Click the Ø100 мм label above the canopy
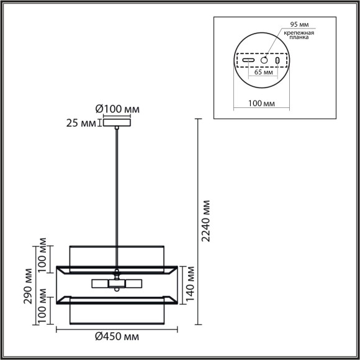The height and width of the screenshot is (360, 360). tap(117, 109)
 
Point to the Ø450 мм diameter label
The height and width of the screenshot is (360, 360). tap(117, 336)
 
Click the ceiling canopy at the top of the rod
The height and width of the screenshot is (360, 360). tap(117, 123)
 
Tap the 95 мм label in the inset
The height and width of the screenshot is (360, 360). tap(299, 25)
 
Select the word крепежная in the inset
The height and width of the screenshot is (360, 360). tap(299, 33)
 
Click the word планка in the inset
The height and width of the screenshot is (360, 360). tap(299, 40)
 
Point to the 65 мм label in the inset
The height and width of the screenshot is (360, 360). tap(263, 71)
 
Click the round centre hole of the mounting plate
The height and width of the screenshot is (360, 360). tap(264, 61)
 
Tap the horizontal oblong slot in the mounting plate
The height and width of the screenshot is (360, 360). tap(249, 61)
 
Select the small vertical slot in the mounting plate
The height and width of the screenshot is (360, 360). tap(277, 61)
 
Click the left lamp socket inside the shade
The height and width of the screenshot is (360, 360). tap(100, 284)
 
